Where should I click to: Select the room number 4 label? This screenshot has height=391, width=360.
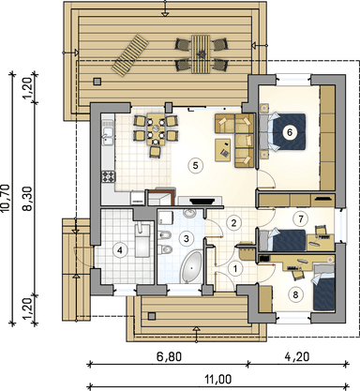119,249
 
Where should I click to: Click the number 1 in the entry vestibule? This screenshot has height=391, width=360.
235,267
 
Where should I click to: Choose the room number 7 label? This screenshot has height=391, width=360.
300,218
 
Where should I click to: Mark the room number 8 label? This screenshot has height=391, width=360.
296,293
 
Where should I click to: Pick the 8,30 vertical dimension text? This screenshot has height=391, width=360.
28,198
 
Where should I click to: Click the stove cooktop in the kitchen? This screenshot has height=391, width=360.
108,176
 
